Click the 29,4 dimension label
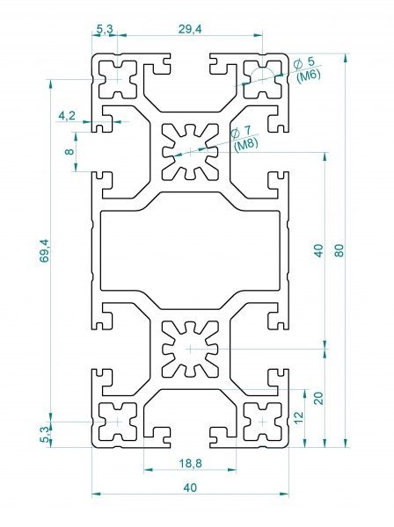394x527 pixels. tap(190, 29)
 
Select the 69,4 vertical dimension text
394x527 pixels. tap(45, 250)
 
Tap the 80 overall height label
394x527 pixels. tap(339, 250)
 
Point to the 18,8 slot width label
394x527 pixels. tap(190, 464)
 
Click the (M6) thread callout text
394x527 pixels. tap(309, 76)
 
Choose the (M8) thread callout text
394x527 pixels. tap(246, 145)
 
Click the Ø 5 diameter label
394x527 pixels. tap(303, 63)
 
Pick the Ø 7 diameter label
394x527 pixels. tap(241, 132)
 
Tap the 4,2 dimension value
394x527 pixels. tap(67, 116)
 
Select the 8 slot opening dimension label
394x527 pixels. tap(69, 152)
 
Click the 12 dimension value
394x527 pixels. tap(298, 417)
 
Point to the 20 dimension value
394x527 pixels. tap(318, 398)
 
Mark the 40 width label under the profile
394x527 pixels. tap(190, 487)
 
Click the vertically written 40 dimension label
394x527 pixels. tap(318, 250)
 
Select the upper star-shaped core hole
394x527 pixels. tap(190, 152)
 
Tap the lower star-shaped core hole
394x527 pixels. tap(190, 349)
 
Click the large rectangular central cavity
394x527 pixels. tap(190, 250)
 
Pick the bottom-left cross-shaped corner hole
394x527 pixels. tap(118, 422)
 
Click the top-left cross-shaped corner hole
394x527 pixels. tap(118, 80)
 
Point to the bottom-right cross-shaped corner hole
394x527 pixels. tap(262, 422)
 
